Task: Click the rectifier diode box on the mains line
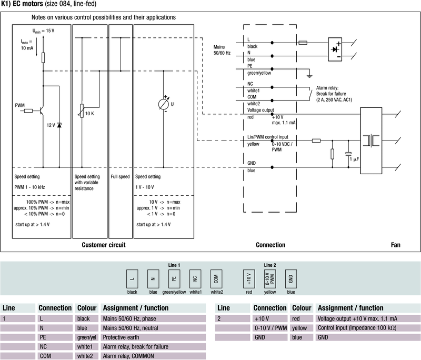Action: [334, 48]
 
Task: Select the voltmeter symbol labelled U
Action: [165, 104]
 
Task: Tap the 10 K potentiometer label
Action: [89, 113]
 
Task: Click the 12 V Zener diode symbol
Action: [58, 125]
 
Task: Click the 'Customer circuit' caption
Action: [104, 245]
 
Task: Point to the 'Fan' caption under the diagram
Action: [396, 245]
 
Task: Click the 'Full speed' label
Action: [121, 177]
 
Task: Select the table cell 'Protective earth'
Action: [124, 337]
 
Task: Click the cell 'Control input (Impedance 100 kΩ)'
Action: [356, 327]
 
